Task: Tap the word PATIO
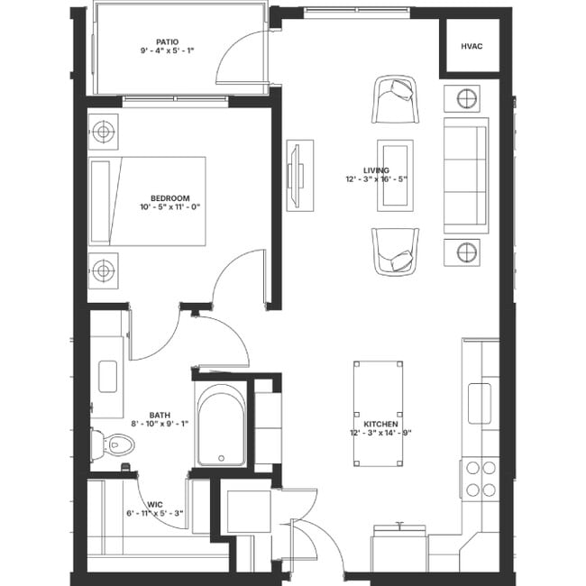click(x=166, y=41)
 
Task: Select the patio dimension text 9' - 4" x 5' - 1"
click(x=166, y=51)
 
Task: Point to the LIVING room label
click(x=376, y=170)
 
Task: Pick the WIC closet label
click(x=155, y=505)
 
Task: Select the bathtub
click(x=220, y=426)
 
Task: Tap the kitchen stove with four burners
click(x=480, y=479)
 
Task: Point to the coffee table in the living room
click(x=396, y=175)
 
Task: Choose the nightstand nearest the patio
click(x=104, y=132)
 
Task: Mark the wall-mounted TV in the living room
click(x=298, y=175)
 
